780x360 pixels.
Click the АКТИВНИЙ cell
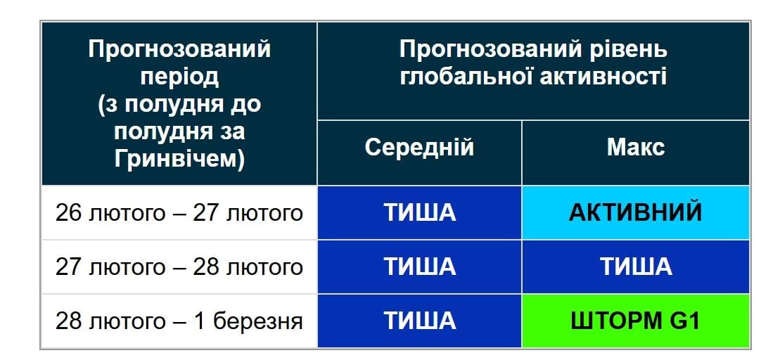coord(635,212)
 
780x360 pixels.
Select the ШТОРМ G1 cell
coord(635,321)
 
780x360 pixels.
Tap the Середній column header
coord(419,148)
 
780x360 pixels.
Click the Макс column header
coord(635,148)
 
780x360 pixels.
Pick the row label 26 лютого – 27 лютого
coord(179,212)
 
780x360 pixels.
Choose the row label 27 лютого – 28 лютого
coord(179,266)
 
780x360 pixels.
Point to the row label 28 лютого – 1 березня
coord(179,321)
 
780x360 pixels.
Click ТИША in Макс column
coord(635,266)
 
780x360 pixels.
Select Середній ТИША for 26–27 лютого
coord(419,212)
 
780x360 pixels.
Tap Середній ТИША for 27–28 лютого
coord(419,266)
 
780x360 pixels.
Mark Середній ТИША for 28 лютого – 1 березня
coord(419,321)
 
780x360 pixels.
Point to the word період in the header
coord(179,77)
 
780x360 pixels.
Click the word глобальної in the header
coord(466,77)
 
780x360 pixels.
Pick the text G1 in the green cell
coord(684,321)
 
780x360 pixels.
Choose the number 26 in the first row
coord(70,212)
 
